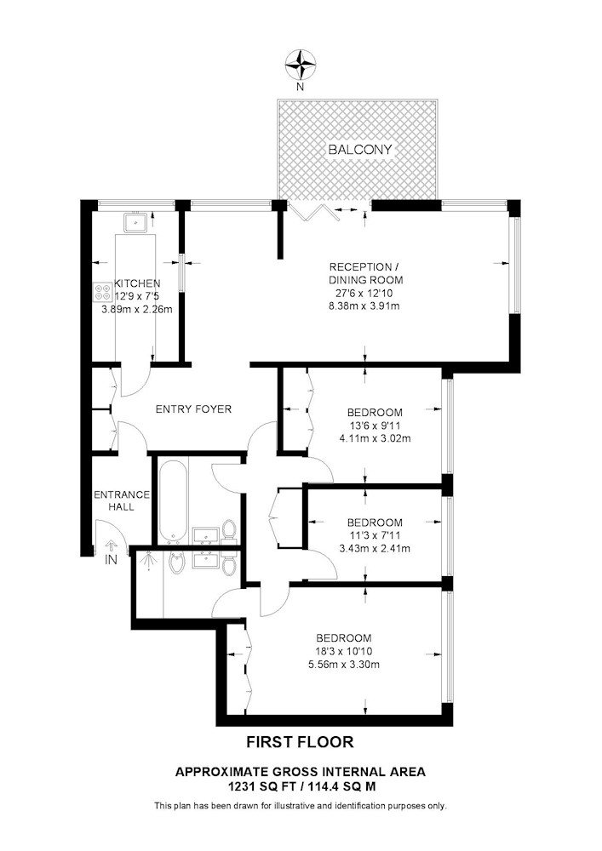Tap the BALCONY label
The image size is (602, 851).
pyautogui.click(x=360, y=150)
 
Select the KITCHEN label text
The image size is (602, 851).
pyautogui.click(x=137, y=283)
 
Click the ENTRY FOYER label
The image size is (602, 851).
pyautogui.click(x=193, y=408)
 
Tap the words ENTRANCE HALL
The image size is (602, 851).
pyautogui.click(x=121, y=500)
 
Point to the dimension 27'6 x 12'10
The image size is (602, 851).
pyautogui.click(x=364, y=293)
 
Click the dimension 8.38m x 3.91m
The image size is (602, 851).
pyautogui.click(x=364, y=306)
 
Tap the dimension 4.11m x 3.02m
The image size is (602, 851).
pyautogui.click(x=375, y=438)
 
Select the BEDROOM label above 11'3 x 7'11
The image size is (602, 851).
pyautogui.click(x=375, y=523)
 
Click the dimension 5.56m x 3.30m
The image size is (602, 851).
pyautogui.click(x=344, y=664)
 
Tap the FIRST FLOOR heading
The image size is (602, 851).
pyautogui.click(x=301, y=741)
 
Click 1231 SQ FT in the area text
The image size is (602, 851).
pyautogui.click(x=255, y=785)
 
